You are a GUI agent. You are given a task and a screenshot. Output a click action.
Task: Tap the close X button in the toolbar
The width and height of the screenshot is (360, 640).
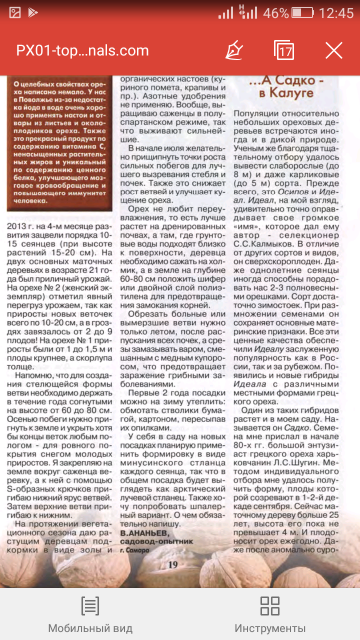333,50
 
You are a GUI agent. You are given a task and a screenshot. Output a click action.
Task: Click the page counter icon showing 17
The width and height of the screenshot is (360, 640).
284,50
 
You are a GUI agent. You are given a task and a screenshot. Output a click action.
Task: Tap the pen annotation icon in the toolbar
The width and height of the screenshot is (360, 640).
234,50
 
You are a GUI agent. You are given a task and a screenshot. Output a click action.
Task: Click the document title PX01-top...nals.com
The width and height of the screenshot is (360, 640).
82,50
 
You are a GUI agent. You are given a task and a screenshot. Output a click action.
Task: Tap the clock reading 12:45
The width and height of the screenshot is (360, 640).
336,13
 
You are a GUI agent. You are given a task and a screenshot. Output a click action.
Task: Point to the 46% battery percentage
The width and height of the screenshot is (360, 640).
276,13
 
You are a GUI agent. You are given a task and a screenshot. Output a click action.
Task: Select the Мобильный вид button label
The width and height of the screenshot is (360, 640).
90,628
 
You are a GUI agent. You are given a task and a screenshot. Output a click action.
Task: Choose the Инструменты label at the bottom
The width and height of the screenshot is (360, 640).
270,628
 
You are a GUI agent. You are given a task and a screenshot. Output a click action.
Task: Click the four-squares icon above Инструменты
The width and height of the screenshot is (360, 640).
270,605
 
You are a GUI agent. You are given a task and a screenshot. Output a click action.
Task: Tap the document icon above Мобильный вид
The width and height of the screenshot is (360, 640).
90,605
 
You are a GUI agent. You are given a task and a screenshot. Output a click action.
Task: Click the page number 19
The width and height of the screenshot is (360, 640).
173,564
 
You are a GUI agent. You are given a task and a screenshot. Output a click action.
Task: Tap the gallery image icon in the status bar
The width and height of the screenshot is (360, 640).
14,13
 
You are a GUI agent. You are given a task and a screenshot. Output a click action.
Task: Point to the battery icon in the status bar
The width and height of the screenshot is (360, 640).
302,13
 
